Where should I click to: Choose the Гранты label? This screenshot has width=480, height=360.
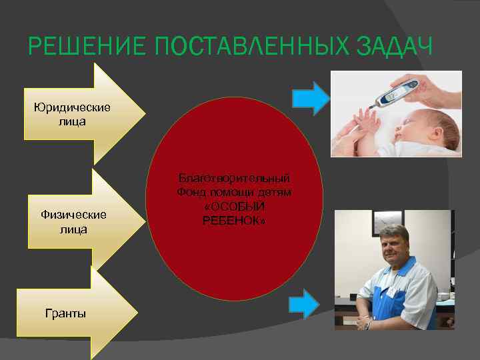[65, 313]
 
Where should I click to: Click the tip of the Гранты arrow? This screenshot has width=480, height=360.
[137, 313]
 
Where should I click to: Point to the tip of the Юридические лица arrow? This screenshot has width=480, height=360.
[143, 113]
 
